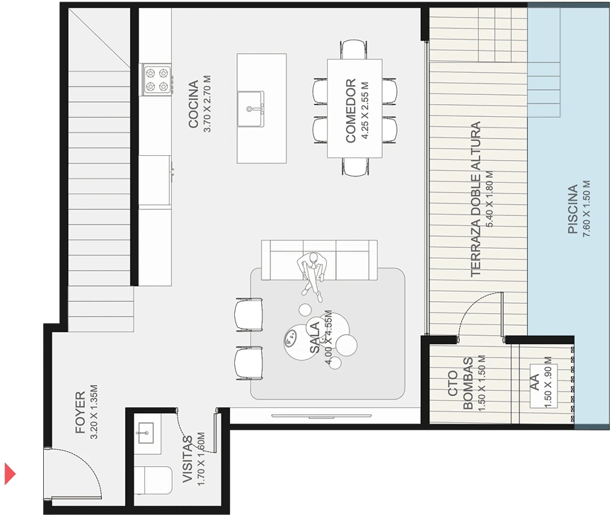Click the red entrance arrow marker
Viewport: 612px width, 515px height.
tap(9, 474)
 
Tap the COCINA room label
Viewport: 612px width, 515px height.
tap(194, 104)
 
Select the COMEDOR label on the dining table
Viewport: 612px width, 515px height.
tap(350, 111)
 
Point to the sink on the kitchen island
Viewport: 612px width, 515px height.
tap(250, 108)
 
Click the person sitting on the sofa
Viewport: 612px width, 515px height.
tap(312, 276)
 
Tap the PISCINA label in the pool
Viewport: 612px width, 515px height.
tap(572, 209)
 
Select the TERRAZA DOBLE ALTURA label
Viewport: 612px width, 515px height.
tap(475, 199)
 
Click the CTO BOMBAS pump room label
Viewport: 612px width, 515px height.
tap(461, 383)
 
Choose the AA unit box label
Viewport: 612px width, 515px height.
tap(534, 382)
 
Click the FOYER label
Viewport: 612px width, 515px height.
tap(81, 412)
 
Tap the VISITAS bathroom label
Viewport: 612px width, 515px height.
tap(188, 459)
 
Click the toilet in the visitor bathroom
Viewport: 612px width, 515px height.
tap(153, 480)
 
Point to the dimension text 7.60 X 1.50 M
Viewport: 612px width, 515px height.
tap(587, 208)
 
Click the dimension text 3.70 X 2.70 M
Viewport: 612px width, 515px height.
tap(207, 104)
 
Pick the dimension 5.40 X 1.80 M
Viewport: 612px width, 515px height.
tap(490, 199)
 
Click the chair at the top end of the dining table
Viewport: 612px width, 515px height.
tap(354, 49)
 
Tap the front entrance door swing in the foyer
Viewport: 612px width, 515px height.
tap(74, 473)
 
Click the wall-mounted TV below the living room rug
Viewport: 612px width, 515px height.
tap(327, 415)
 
